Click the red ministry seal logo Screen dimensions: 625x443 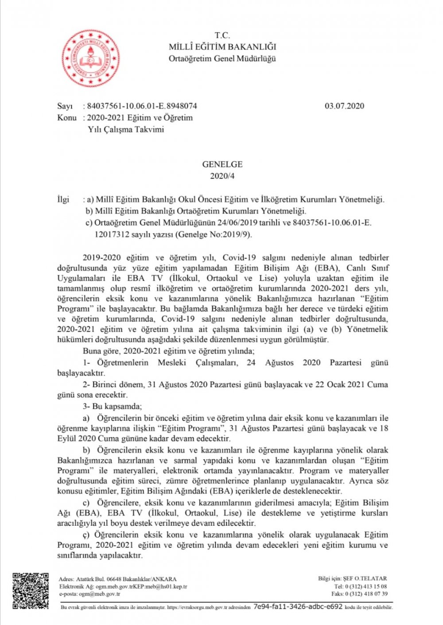click(91, 58)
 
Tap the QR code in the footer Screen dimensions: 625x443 click(30, 591)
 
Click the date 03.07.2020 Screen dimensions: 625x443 click(344, 106)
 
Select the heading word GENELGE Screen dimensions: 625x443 click(222, 164)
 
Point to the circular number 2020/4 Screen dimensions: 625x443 click(222, 176)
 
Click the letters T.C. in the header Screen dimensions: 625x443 click(222, 35)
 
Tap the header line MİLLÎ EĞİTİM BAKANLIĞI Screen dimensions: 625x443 click(222, 47)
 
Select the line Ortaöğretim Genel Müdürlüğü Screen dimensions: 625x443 click(222, 58)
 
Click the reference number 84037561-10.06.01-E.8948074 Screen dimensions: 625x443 click(142, 106)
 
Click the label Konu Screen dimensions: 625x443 click(66, 118)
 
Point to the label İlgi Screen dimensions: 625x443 click(63, 199)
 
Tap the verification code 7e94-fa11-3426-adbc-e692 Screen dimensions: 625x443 click(298, 607)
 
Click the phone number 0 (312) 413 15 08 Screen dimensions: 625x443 click(366, 586)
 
